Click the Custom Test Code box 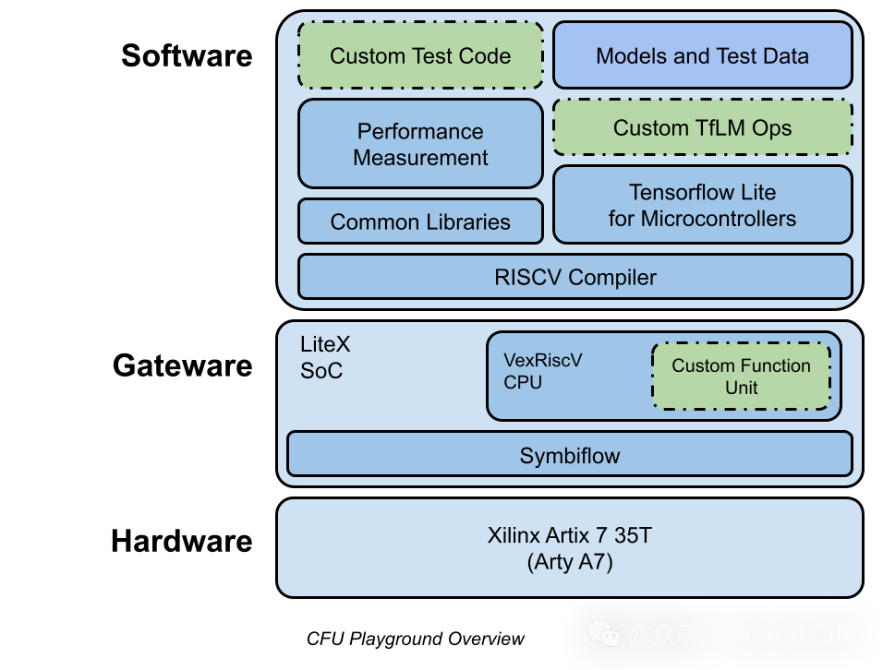coord(420,56)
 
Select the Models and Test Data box coord(702,56)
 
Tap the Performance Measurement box coord(420,144)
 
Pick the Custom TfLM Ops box coord(702,128)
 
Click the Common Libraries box coord(420,222)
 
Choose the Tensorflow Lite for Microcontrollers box coord(702,205)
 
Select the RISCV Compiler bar coord(575,277)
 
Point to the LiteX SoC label coord(325,358)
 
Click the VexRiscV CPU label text coord(542,371)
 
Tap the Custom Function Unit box coord(741,377)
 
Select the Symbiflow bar coord(569,455)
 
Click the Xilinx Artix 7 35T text coord(569,535)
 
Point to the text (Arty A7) coord(570,561)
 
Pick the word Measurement coord(420,158)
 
